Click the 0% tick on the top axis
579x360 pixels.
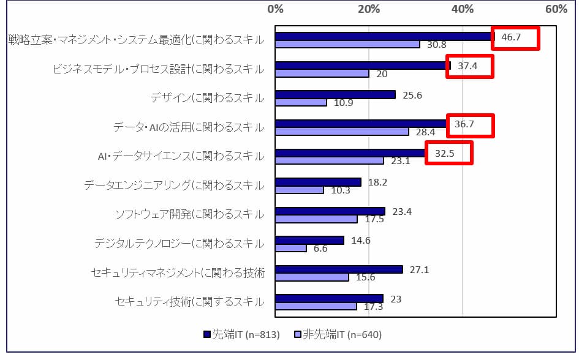(276, 10)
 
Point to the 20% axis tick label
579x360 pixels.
(369, 10)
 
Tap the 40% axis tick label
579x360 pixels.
(463, 10)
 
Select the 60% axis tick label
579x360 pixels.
(556, 10)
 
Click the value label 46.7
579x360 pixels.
(512, 37)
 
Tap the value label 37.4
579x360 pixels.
(467, 66)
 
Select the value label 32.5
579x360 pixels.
(444, 153)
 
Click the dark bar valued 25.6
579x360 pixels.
(335, 94)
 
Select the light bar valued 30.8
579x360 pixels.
(347, 44)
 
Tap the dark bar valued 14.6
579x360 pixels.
(309, 240)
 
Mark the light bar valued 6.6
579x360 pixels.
(291, 248)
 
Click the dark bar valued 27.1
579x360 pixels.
(339, 269)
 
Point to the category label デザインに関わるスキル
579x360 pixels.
(207, 98)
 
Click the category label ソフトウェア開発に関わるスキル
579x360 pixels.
(189, 214)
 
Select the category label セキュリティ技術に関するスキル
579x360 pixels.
(189, 302)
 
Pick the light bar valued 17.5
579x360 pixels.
(316, 219)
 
